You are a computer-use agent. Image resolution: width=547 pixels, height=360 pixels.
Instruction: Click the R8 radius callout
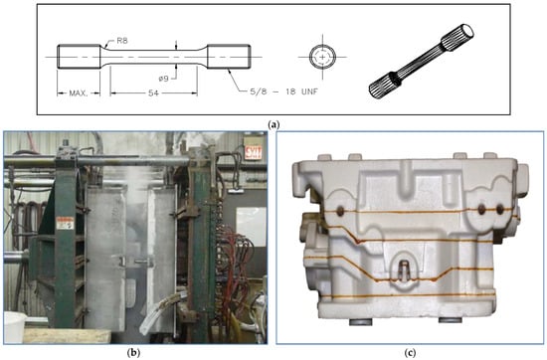[122, 41]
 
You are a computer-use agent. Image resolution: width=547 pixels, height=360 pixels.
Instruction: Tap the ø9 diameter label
[164, 79]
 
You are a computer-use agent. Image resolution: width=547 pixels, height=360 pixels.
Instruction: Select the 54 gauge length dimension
[153, 93]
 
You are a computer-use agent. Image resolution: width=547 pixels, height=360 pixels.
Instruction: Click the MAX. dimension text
[79, 93]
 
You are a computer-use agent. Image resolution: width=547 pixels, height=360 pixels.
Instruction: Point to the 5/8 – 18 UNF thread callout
[284, 91]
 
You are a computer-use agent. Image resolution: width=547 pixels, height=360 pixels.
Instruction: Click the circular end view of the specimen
[322, 57]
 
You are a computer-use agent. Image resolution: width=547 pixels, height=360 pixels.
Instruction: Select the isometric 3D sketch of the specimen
[422, 61]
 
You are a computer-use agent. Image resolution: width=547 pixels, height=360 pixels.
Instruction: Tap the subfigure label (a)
[273, 124]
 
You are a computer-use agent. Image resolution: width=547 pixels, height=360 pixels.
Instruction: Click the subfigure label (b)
[134, 353]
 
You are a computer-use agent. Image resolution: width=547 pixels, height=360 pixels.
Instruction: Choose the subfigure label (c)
[410, 353]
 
